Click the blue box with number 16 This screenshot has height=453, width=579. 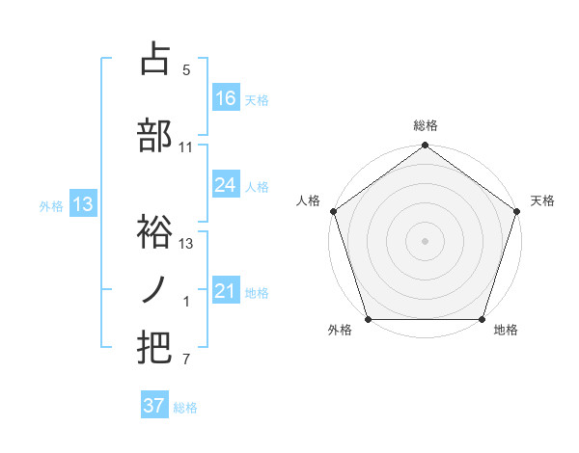pos(226,98)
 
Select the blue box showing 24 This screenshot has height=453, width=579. pos(226,185)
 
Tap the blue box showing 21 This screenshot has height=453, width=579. pos(226,291)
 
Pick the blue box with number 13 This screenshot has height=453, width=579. pos(82,204)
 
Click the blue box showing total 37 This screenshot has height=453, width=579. pos(154,406)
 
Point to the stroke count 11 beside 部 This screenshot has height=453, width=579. pos(186,147)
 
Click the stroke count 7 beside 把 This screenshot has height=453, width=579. pos(186,360)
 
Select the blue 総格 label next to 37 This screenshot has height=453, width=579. pos(185,408)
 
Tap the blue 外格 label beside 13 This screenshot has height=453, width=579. pos(51,205)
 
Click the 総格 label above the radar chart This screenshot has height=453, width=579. pos(426,126)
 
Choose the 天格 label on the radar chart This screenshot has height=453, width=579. pos(542,200)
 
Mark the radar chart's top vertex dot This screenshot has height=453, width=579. pos(426,147)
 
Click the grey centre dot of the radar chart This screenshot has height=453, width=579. pos(426,240)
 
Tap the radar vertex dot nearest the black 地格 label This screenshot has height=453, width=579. pos(482,319)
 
